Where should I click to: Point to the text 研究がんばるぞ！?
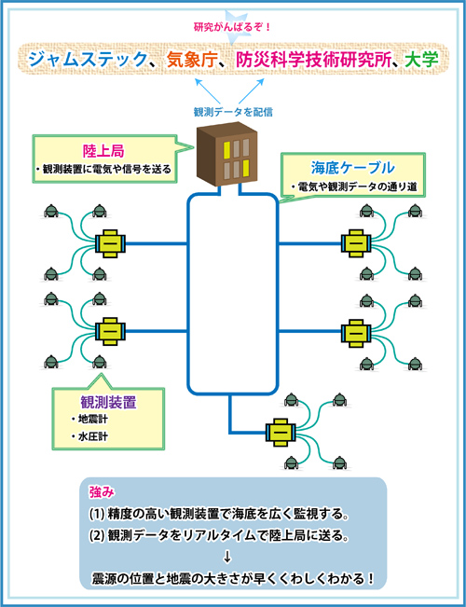(232, 29)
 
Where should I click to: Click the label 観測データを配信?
(233, 113)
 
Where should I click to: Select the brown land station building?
(227, 154)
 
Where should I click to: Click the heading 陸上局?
(103, 151)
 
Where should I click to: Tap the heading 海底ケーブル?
(352, 168)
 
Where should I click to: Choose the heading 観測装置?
(108, 404)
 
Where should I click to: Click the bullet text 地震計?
(89, 420)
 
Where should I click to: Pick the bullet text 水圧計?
(89, 437)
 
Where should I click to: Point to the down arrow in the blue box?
(227, 557)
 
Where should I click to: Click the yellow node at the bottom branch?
(281, 432)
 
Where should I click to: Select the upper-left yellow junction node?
(110, 244)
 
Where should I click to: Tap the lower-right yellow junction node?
(356, 332)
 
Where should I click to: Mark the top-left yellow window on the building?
(226, 148)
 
